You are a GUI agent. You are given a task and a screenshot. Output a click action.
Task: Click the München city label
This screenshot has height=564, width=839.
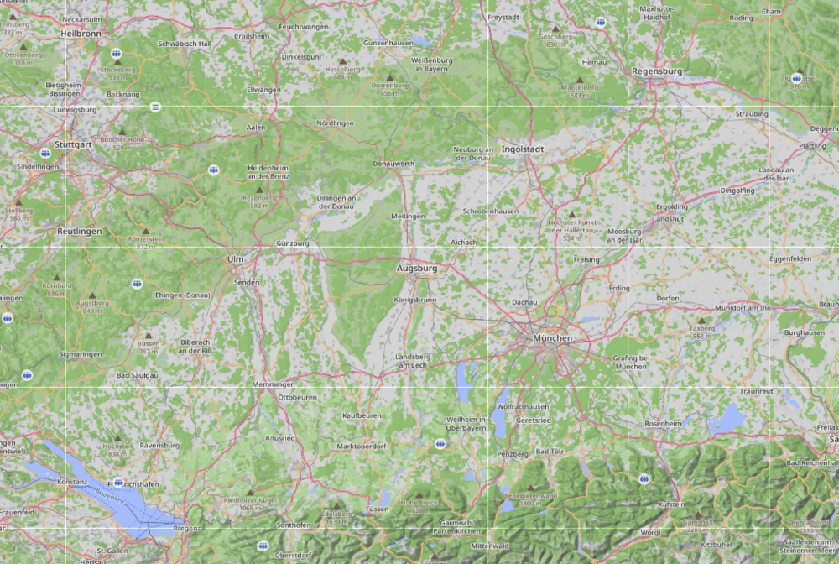click(x=551, y=338)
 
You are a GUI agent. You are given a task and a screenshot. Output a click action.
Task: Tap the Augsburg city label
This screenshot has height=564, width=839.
click(x=417, y=269)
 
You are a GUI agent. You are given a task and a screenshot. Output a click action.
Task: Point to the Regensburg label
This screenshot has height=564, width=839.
click(x=657, y=71)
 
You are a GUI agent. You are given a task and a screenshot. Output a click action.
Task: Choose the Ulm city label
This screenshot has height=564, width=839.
click(x=235, y=259)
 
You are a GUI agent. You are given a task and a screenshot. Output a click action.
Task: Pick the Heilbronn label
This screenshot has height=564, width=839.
click(x=81, y=34)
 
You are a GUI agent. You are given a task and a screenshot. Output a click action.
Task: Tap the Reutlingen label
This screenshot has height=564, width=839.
click(x=79, y=231)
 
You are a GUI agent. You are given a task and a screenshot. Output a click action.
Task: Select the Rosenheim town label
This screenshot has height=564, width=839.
click(x=662, y=424)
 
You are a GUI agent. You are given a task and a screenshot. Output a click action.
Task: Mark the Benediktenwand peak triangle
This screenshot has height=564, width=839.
click(x=530, y=486)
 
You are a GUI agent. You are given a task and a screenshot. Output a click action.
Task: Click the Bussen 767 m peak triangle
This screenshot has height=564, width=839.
click(x=149, y=334)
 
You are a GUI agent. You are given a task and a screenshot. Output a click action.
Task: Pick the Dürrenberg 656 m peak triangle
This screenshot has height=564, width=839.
click(x=388, y=77)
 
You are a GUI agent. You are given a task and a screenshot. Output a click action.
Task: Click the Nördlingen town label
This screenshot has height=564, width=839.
click(x=335, y=123)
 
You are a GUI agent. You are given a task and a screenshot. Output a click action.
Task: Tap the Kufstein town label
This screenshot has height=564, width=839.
click(x=671, y=504)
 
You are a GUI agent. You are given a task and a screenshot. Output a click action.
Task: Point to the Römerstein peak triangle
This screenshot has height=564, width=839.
click(x=145, y=230)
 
